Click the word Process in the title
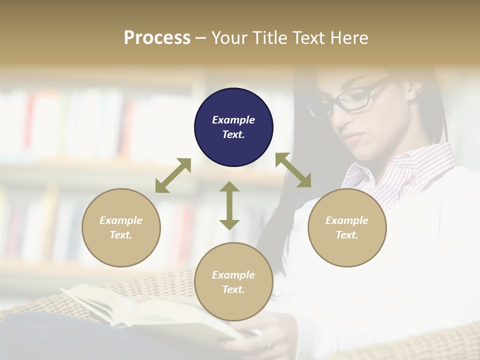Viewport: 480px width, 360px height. [157, 38]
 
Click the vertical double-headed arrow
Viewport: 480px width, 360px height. [229, 205]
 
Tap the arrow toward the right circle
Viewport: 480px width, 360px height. [293, 170]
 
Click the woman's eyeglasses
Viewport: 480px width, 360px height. [345, 100]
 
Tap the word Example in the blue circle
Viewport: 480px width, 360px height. [233, 120]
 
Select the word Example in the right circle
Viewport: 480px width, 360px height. [347, 220]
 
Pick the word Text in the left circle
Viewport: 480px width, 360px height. [120, 235]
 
